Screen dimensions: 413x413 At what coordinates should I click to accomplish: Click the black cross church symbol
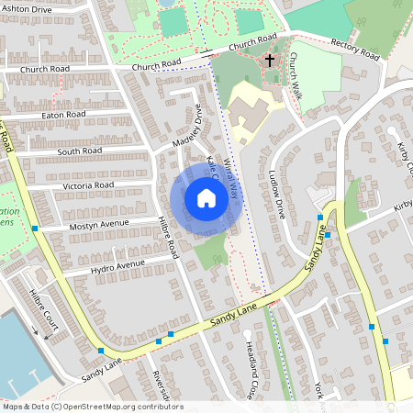tap(270, 61)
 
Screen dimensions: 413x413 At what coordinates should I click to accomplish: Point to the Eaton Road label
tap(63, 115)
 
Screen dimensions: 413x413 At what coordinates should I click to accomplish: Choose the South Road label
tap(78, 151)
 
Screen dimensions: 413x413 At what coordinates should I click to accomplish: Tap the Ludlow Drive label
tap(278, 193)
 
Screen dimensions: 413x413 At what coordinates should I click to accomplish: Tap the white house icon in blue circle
tap(206, 198)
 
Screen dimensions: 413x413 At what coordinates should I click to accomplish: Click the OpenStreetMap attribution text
tap(92, 407)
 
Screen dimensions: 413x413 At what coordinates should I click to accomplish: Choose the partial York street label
tap(318, 390)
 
